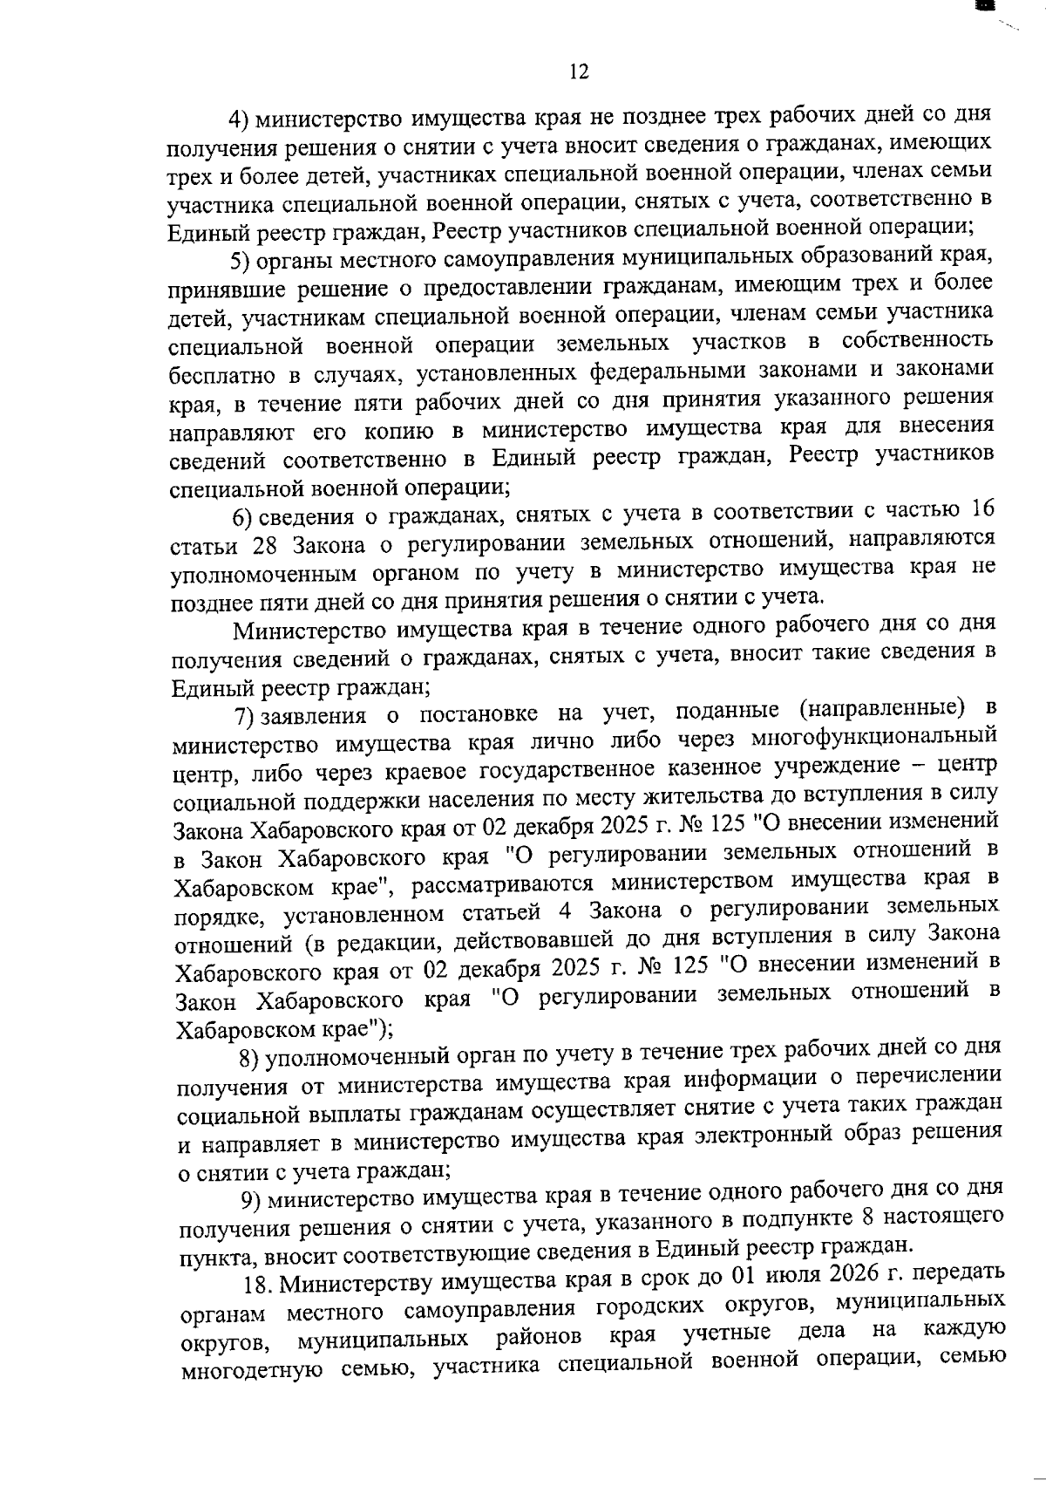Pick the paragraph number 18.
point(256,1284)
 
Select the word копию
point(407,432)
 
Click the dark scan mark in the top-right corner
point(986,6)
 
